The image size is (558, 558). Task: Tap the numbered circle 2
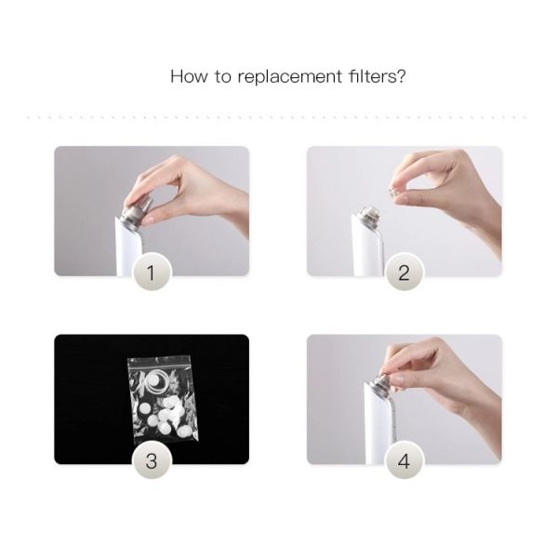(x=404, y=272)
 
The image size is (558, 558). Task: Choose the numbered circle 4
(x=404, y=460)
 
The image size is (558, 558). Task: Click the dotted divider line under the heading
(x=279, y=117)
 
